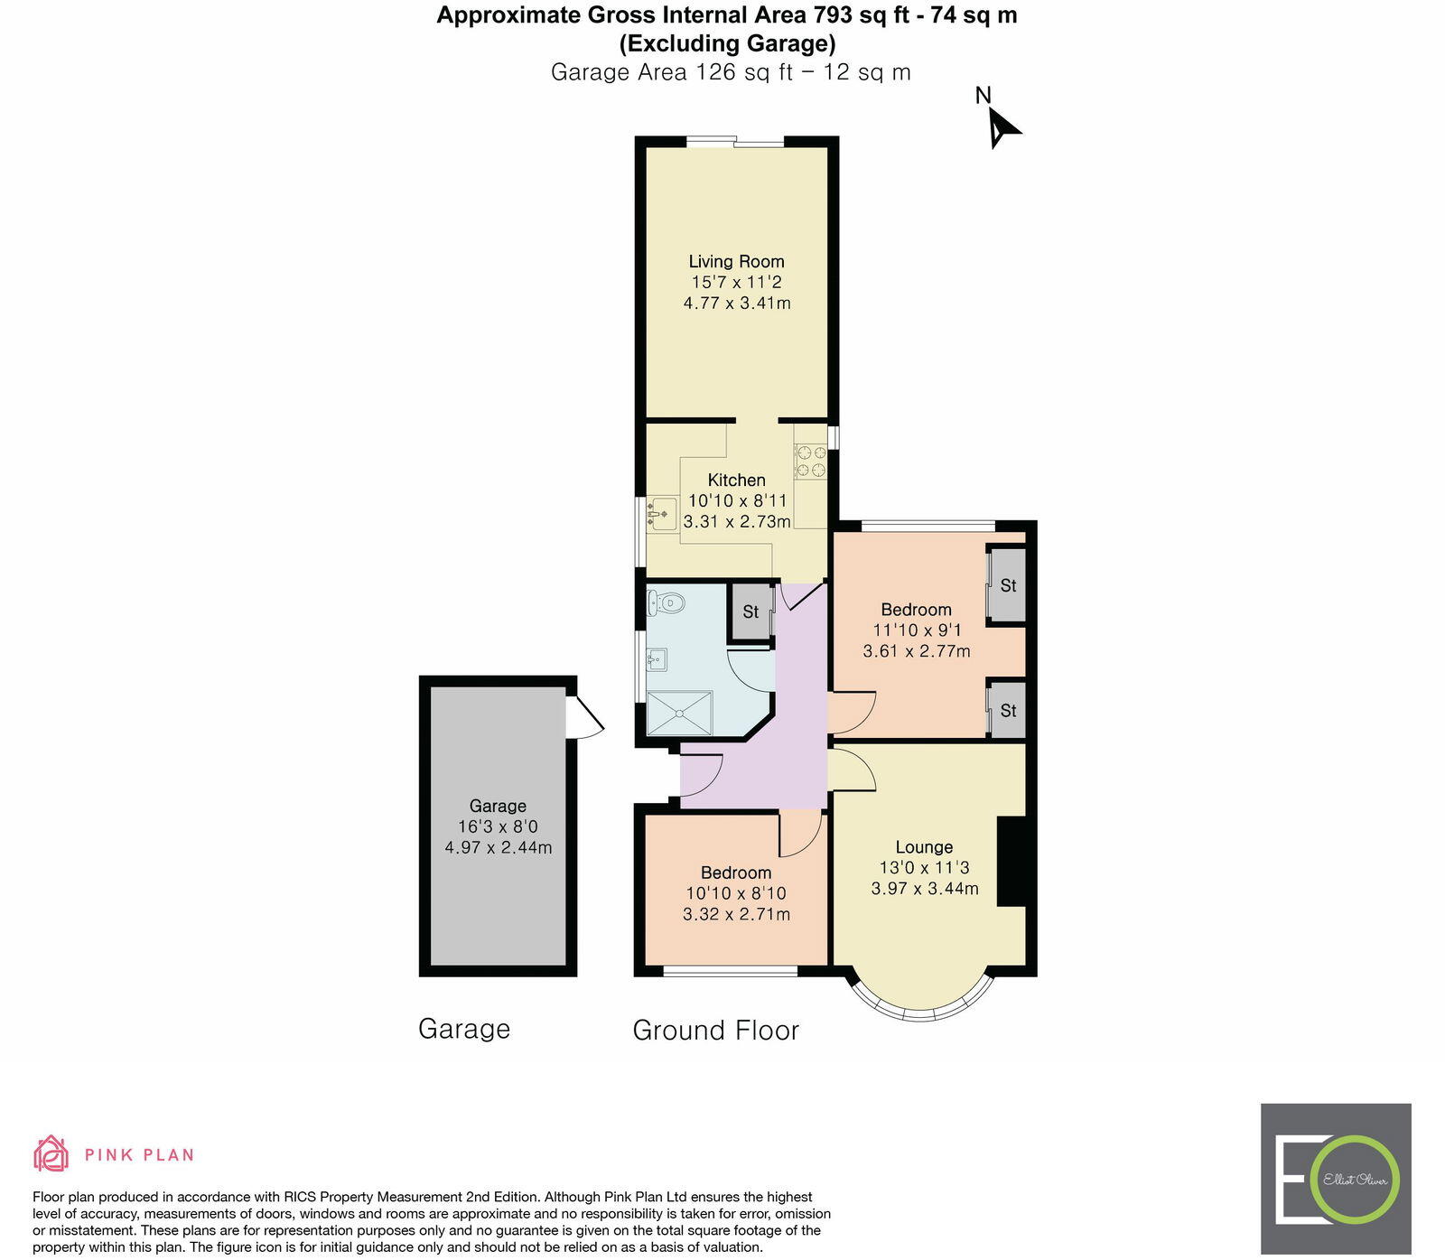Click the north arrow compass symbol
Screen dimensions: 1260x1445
[1001, 126]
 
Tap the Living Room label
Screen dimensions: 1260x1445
[736, 262]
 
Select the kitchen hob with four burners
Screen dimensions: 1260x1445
[810, 462]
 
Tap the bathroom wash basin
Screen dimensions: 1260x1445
[657, 659]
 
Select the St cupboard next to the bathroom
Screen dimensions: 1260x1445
[750, 612]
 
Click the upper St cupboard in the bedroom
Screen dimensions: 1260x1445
[1008, 585]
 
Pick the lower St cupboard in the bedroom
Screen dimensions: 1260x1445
[1008, 711]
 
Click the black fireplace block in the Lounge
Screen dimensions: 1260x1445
[1011, 861]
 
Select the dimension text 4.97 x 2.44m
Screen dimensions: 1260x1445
[498, 848]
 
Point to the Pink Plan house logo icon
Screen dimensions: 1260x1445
[51, 1153]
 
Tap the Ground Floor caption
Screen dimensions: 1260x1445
[715, 1031]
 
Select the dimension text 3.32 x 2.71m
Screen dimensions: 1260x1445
[736, 914]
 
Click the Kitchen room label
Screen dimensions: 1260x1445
[736, 481]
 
